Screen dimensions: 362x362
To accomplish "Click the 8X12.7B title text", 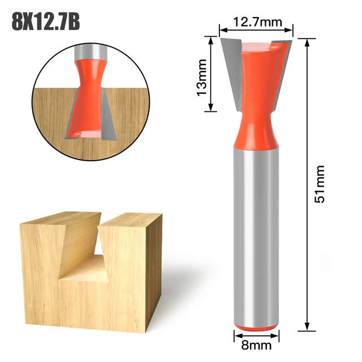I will pyautogui.click(x=45, y=24).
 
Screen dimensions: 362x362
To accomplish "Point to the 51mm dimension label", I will pyautogui.click(x=320, y=184).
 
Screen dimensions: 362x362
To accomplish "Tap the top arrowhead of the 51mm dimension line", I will pyautogui.click(x=307, y=42).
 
